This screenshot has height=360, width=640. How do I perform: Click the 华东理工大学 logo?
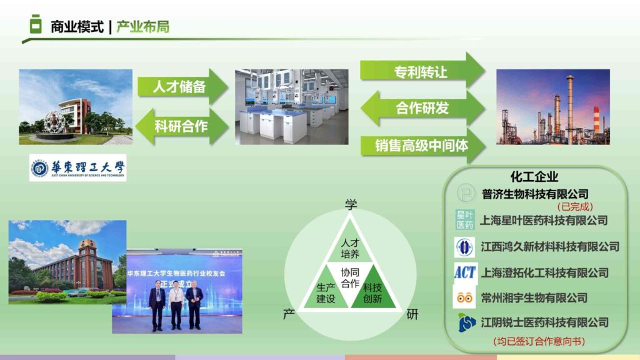coord(77,167)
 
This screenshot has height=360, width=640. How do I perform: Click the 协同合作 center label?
coord(350,278)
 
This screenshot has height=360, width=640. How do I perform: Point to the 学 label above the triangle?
coord(351,204)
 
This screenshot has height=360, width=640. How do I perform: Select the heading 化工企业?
coord(534,177)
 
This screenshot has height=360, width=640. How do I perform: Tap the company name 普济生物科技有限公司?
coord(535,194)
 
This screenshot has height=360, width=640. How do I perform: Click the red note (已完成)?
coord(575,206)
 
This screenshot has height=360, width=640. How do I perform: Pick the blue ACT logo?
coord(464,272)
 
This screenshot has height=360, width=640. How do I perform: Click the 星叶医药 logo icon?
coord(464,219)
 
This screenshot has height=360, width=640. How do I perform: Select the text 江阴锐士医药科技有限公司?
coord(544,322)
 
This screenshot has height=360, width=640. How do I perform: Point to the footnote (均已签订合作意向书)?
coord(539,341)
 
